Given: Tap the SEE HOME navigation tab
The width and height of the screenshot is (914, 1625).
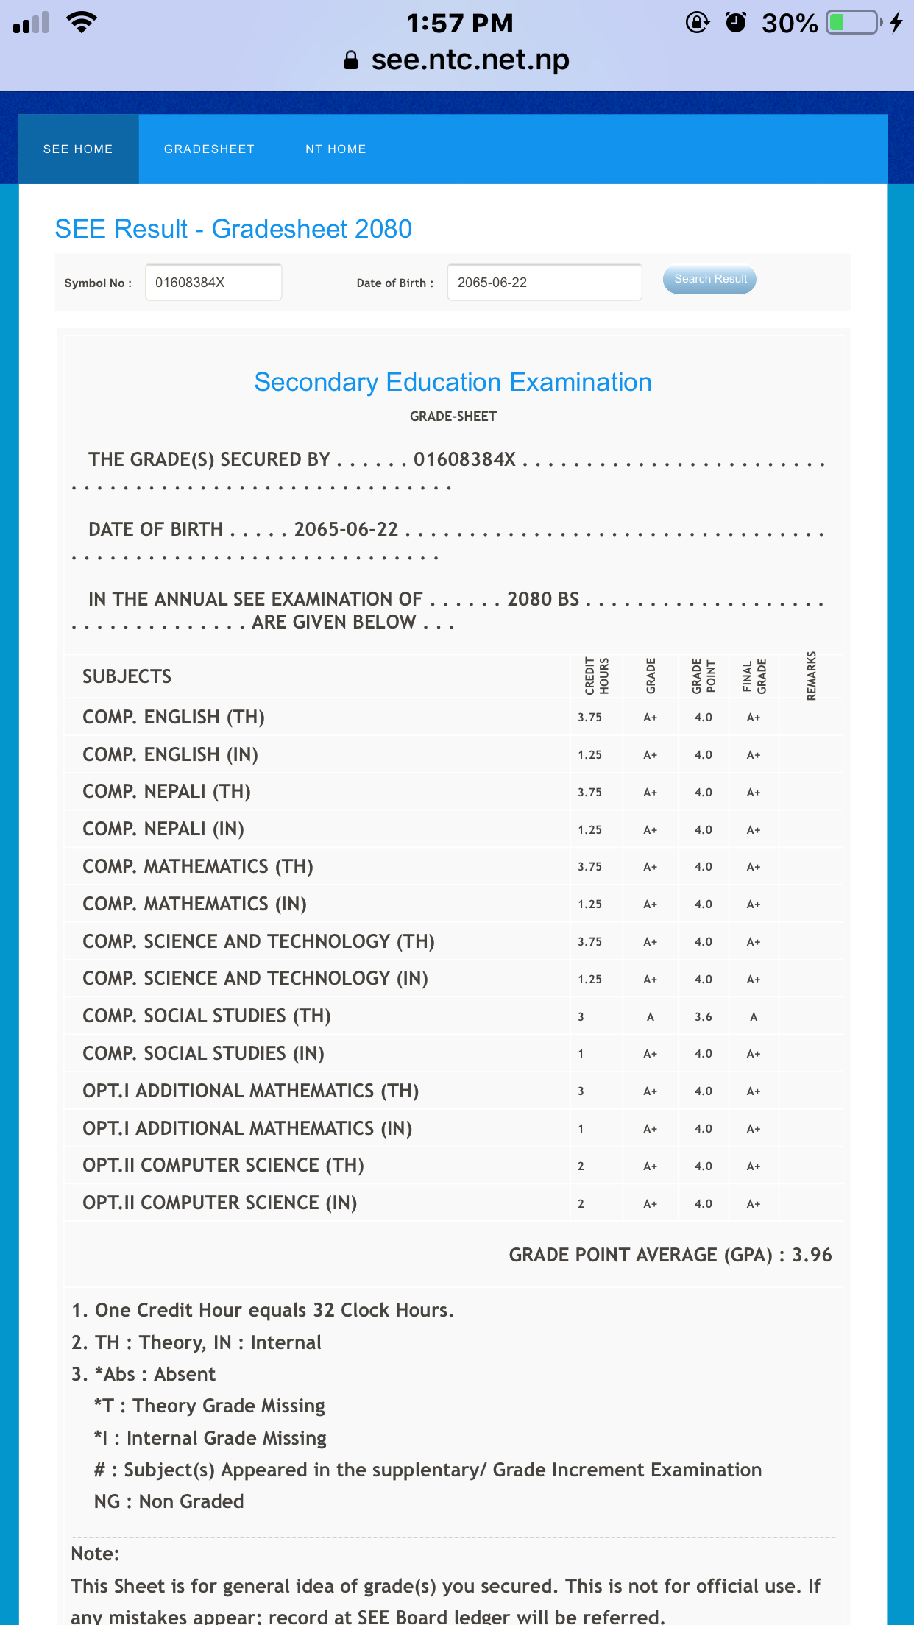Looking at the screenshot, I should click(78, 149).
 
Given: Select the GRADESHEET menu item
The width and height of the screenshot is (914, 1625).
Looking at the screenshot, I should click(209, 149).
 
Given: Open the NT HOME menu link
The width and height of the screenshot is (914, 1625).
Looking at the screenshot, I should click(336, 149).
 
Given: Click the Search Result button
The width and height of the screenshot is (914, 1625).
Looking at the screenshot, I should click(709, 280).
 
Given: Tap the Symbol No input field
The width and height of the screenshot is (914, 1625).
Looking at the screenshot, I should click(213, 283).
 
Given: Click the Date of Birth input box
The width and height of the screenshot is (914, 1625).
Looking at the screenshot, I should click(544, 283).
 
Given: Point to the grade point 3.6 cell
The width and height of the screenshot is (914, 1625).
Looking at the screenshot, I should click(703, 1016).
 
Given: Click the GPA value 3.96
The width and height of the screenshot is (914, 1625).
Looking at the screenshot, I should click(812, 1255).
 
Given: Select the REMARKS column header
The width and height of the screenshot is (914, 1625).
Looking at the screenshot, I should click(811, 676).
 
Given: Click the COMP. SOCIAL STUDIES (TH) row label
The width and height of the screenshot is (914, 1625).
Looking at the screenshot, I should click(207, 1016).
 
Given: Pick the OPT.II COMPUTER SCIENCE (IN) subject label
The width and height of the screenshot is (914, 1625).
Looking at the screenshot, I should click(219, 1203).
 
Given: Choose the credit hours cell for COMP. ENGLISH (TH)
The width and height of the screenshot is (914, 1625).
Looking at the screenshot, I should click(589, 718).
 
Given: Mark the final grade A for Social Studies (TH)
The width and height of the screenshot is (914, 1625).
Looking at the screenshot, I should click(753, 1016).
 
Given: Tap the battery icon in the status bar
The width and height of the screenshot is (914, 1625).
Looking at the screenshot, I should click(854, 23).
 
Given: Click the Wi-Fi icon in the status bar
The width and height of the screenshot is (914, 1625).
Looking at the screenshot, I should click(81, 22).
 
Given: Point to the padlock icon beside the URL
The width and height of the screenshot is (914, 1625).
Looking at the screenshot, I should click(351, 60).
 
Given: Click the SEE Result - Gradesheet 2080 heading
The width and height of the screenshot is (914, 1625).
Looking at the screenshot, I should click(233, 229).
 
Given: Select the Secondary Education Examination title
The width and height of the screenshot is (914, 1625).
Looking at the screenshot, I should click(453, 382).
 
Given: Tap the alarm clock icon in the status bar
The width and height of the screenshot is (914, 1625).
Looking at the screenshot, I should click(735, 23).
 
